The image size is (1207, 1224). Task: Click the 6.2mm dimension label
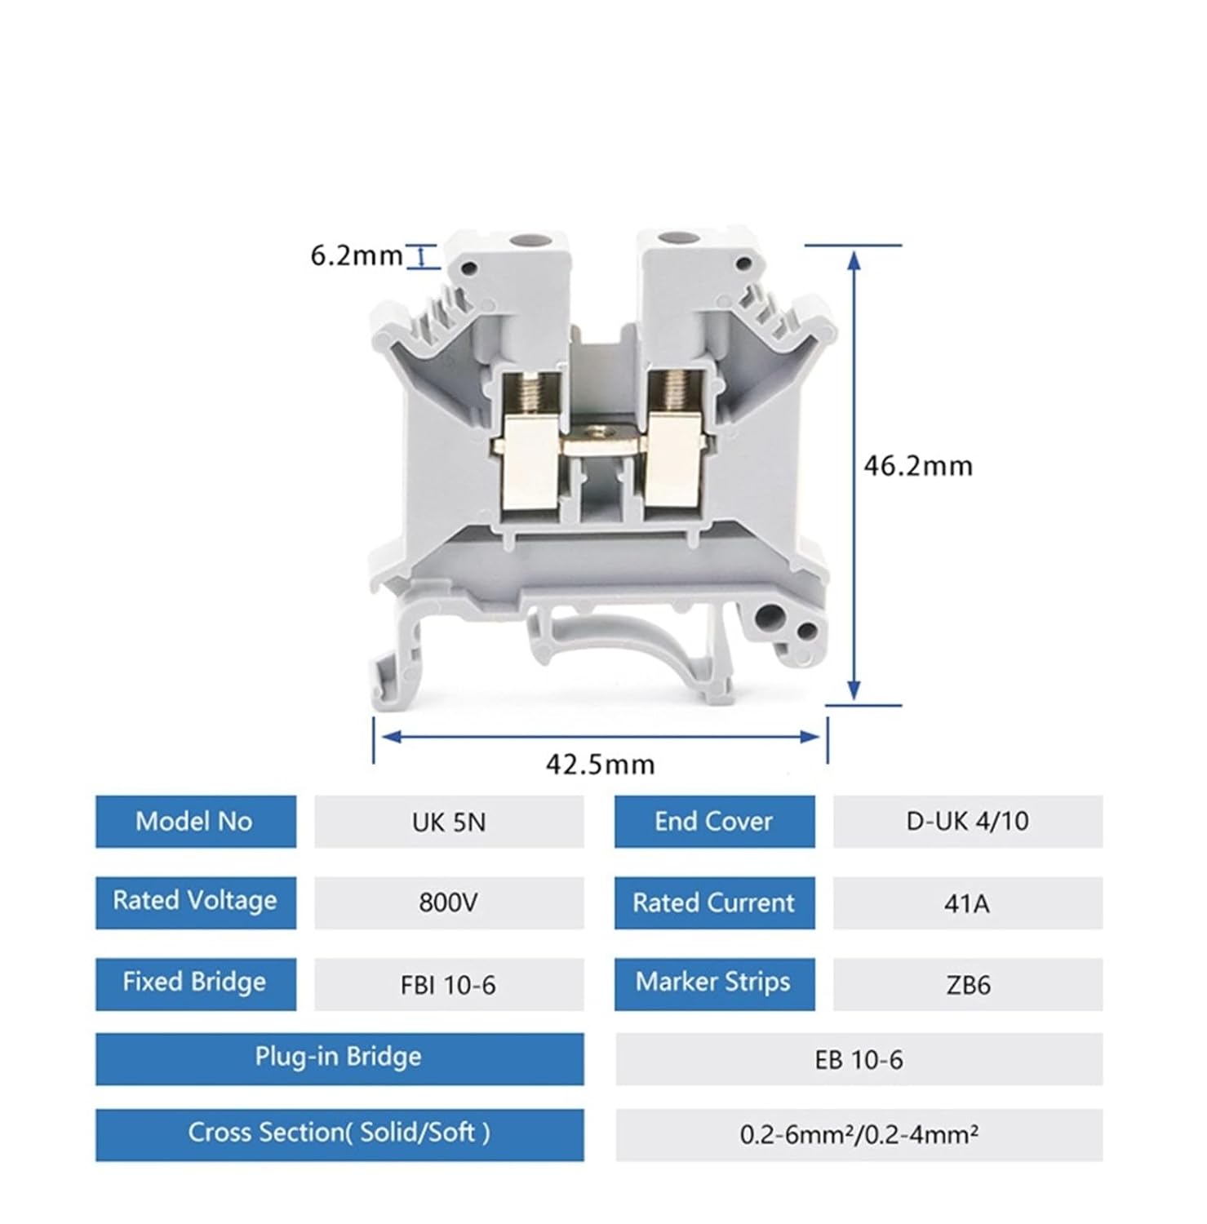pos(357,255)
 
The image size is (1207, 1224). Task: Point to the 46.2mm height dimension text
pos(918,466)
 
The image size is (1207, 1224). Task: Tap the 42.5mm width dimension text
pos(600,765)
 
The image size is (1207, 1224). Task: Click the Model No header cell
pos(195,822)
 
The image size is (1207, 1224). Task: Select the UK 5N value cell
pos(449,822)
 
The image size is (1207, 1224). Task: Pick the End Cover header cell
pos(714,822)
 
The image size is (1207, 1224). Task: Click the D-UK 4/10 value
pos(967,822)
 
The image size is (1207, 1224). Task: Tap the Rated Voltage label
pos(195,902)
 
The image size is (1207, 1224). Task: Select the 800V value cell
pos(449,902)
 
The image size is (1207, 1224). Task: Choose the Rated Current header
pos(714,902)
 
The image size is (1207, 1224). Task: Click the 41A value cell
pos(967,902)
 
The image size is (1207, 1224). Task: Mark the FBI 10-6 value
pos(449,985)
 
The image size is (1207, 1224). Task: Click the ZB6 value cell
pos(967,985)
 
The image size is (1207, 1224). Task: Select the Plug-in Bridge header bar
pos(339,1058)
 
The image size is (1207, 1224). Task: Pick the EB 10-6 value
pos(859,1060)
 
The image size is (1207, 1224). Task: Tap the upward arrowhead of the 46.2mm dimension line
pos(854,259)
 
